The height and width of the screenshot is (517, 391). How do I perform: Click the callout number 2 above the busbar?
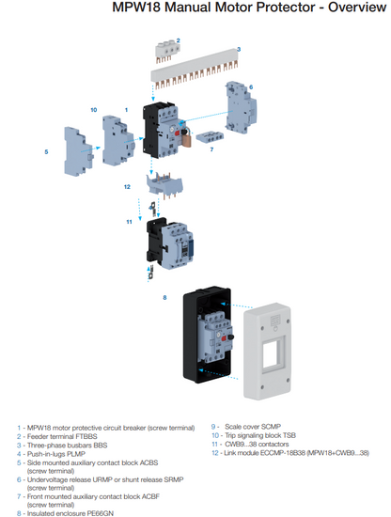click(178, 40)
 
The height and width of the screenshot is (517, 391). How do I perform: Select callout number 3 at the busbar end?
click(238, 49)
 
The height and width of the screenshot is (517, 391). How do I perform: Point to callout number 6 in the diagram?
click(251, 86)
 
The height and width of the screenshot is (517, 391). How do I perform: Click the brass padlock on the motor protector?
click(188, 136)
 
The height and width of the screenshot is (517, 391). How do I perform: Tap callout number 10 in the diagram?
click(93, 110)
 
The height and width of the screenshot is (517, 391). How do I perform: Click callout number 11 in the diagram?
click(130, 221)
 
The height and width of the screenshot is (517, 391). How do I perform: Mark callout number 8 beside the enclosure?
click(165, 297)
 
